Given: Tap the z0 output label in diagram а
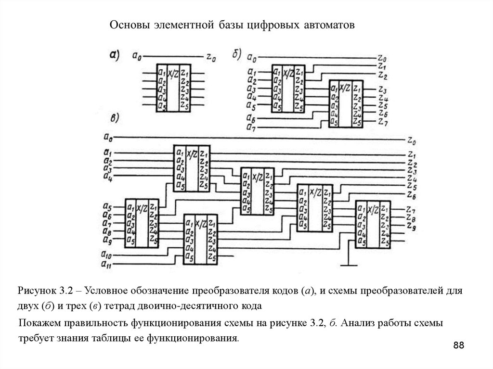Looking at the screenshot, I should pyautogui.click(x=211, y=57).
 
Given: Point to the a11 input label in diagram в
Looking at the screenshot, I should pyautogui.click(x=107, y=264).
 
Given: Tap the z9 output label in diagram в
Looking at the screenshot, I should pyautogui.click(x=410, y=226).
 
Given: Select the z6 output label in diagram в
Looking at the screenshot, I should pyautogui.click(x=411, y=196).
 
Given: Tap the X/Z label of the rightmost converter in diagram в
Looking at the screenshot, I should pyautogui.click(x=373, y=210).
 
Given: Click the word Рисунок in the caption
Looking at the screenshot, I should pyautogui.click(x=37, y=292).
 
